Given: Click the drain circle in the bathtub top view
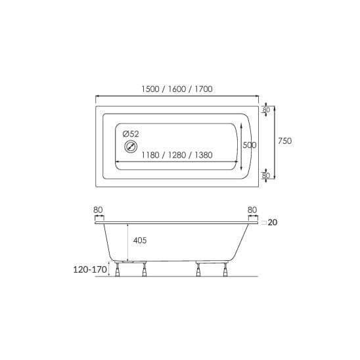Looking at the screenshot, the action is pos(131,146).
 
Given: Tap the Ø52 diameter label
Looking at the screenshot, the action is pos(131,134).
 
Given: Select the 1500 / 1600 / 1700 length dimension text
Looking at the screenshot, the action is pos(177,89).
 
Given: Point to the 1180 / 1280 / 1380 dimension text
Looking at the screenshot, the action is pos(177,155).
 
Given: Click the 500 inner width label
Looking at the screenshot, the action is pos(250,145).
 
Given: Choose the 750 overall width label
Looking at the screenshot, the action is pos(284,141).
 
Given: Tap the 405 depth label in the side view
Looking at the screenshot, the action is pos(140,240).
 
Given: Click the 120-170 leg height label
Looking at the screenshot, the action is pos(90,269).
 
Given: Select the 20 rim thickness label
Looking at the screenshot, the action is pos(273,223).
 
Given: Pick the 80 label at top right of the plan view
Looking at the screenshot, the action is pos(266,110).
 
